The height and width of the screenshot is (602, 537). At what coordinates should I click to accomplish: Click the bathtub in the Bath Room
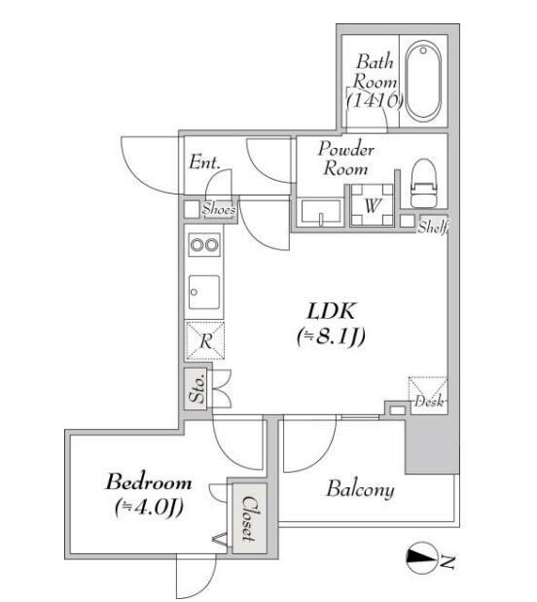click(x=423, y=81)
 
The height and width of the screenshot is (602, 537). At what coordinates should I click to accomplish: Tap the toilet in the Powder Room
click(x=424, y=183)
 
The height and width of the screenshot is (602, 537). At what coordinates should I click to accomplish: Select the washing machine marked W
click(x=372, y=204)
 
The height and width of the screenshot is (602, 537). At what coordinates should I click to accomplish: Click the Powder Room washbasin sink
click(x=321, y=211)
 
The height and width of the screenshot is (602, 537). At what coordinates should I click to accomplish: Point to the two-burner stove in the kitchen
click(x=204, y=244)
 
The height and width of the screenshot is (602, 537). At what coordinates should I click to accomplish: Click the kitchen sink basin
click(x=204, y=292)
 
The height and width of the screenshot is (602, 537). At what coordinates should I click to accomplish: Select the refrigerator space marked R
click(x=204, y=341)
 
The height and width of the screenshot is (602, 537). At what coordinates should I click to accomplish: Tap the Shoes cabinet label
click(x=218, y=209)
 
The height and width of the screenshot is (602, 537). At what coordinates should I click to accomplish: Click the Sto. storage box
click(x=197, y=389)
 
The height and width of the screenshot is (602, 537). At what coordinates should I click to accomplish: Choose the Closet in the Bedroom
click(x=249, y=518)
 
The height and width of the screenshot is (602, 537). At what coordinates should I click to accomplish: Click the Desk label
click(x=429, y=402)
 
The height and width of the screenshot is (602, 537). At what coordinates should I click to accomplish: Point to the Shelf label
click(x=433, y=227)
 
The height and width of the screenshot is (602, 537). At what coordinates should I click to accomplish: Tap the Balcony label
click(x=360, y=489)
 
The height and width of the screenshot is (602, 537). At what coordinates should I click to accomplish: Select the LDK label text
click(x=331, y=311)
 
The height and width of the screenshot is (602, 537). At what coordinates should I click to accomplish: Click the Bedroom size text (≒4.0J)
click(x=148, y=508)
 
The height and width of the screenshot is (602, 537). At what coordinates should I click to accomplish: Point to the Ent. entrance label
click(x=204, y=162)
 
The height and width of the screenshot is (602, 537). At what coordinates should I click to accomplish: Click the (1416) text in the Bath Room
click(x=375, y=100)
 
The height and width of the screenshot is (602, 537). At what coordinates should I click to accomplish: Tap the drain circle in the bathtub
click(x=423, y=51)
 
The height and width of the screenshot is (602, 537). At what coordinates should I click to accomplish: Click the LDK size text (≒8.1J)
click(x=331, y=336)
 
